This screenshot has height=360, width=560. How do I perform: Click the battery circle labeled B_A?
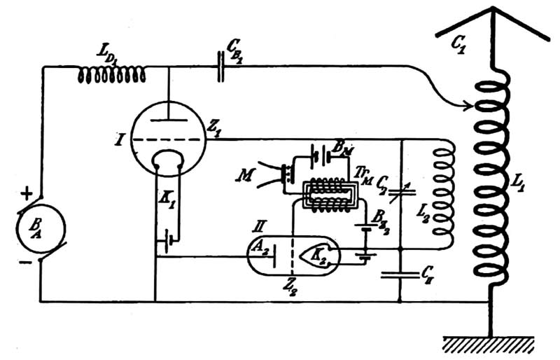41,229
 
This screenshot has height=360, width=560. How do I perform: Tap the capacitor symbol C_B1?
220,68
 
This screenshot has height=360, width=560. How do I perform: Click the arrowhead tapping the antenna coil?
470,108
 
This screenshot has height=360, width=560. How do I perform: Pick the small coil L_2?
443,193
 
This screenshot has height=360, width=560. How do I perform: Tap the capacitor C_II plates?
401,275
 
